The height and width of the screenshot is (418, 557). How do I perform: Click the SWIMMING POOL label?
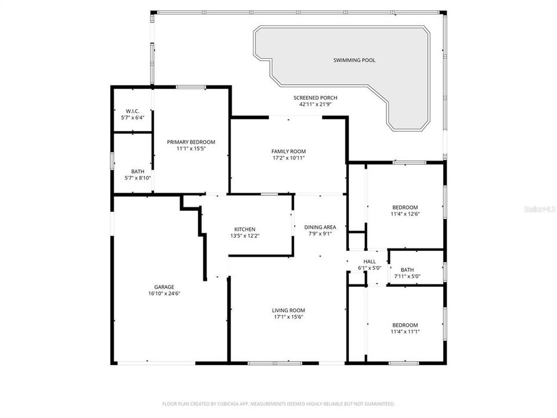354,60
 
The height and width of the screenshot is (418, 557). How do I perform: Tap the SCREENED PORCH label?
315,98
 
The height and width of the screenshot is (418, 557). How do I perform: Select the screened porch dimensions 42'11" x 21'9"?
315,105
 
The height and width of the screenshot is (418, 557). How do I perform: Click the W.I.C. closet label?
132,111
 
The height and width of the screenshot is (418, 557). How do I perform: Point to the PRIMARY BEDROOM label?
191,142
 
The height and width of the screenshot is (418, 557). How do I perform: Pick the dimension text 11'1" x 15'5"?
191,149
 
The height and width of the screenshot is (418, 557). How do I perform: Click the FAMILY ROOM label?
288,152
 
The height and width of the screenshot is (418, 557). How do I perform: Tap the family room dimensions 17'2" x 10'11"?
288,158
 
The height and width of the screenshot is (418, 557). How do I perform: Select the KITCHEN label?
244,229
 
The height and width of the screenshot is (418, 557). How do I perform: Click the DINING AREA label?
320,227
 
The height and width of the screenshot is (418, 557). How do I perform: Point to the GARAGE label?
164,287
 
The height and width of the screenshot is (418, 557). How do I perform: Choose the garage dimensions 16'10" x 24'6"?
164,294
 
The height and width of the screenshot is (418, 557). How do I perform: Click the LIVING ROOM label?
288,310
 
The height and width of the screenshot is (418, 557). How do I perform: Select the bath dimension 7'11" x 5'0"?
407,276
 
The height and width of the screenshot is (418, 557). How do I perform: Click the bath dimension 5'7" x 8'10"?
138,178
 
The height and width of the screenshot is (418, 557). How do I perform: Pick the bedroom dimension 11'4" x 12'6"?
405,214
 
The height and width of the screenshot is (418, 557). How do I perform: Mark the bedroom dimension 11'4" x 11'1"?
405,332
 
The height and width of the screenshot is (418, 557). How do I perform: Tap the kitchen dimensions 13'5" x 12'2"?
244,236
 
